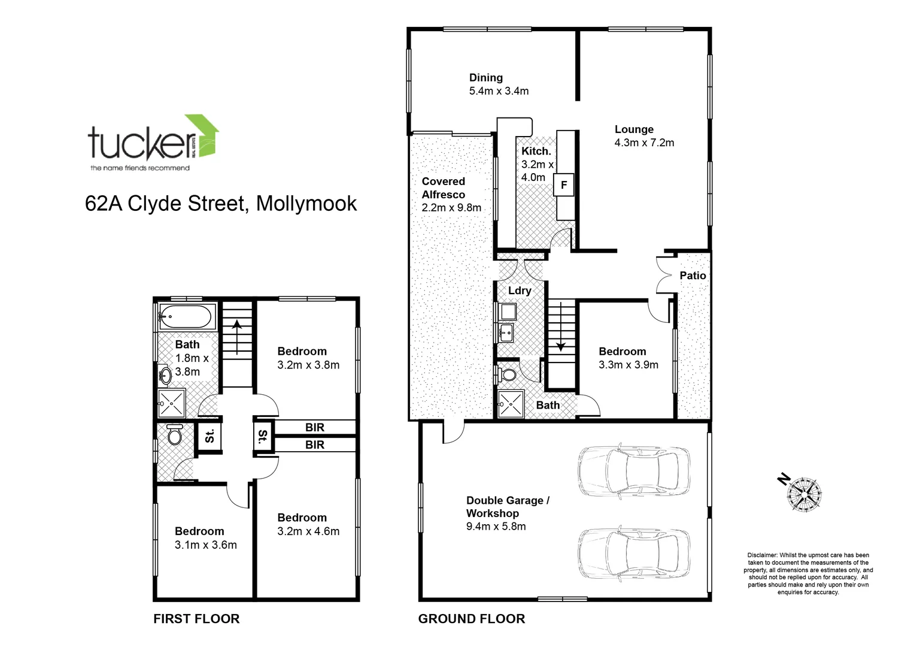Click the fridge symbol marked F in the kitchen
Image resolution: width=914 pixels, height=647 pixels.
(x=563, y=185)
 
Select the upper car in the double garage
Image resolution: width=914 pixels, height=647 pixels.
(x=632, y=471)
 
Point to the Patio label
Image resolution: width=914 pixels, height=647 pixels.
(x=693, y=276)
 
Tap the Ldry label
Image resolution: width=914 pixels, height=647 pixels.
(x=520, y=291)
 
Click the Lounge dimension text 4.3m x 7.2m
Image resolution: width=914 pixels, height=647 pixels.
(x=644, y=143)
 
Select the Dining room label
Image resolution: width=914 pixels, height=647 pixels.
(x=485, y=77)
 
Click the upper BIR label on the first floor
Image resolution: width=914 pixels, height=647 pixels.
(x=315, y=427)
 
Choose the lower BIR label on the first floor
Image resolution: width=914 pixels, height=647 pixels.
(x=315, y=445)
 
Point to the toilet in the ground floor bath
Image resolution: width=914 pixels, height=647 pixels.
(x=507, y=375)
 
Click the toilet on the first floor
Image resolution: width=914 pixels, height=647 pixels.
(x=175, y=435)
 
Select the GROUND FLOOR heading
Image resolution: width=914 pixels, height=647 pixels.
(x=472, y=619)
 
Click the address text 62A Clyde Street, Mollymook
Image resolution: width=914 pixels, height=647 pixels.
(x=221, y=204)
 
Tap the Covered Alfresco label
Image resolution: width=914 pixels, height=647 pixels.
(x=444, y=188)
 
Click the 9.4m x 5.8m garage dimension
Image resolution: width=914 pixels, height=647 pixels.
(x=496, y=527)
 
